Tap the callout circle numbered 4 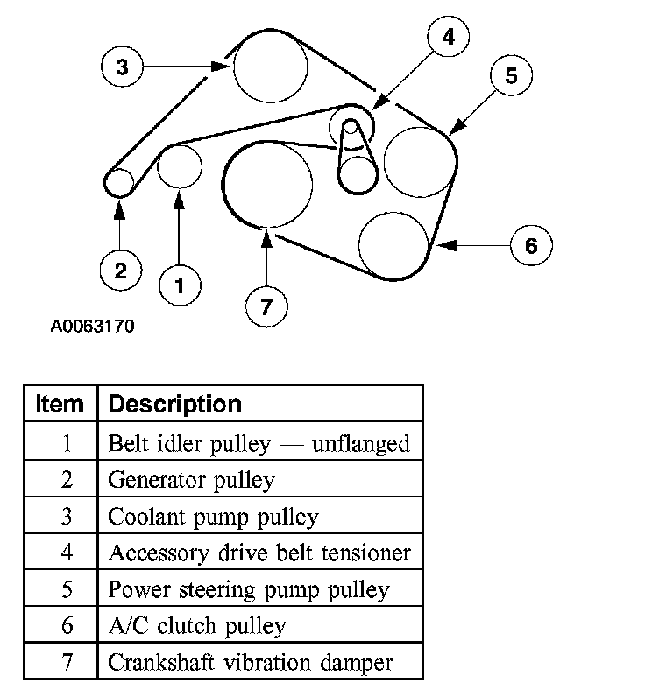[x=448, y=37]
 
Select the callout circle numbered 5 [x=512, y=76]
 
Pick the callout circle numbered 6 [x=531, y=245]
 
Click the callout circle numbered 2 [x=121, y=270]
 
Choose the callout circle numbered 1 [x=180, y=284]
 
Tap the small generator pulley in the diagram [x=118, y=183]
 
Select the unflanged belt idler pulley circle [x=180, y=166]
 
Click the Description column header [x=174, y=404]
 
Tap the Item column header [x=60, y=404]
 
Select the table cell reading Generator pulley [x=191, y=479]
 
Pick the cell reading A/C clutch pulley [x=196, y=625]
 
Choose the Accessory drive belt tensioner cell [x=259, y=553]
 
